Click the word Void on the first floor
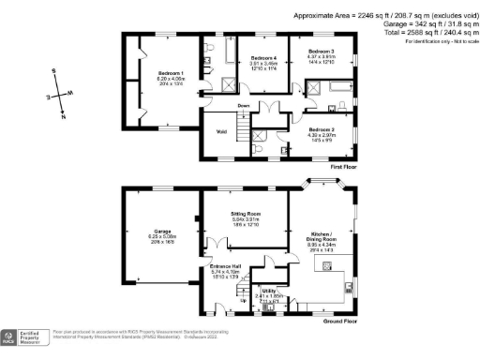pyautogui.click(x=222, y=131)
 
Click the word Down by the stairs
pyautogui.click(x=243, y=106)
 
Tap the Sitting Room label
pyautogui.click(x=246, y=215)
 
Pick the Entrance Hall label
pyautogui.click(x=225, y=266)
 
